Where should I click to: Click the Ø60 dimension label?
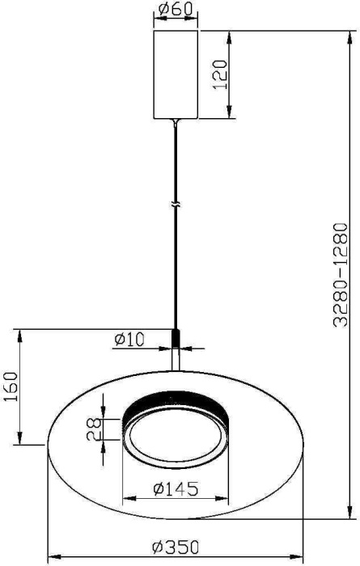(175, 11)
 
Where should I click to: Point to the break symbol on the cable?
(175, 205)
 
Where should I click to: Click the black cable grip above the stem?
(175, 336)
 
